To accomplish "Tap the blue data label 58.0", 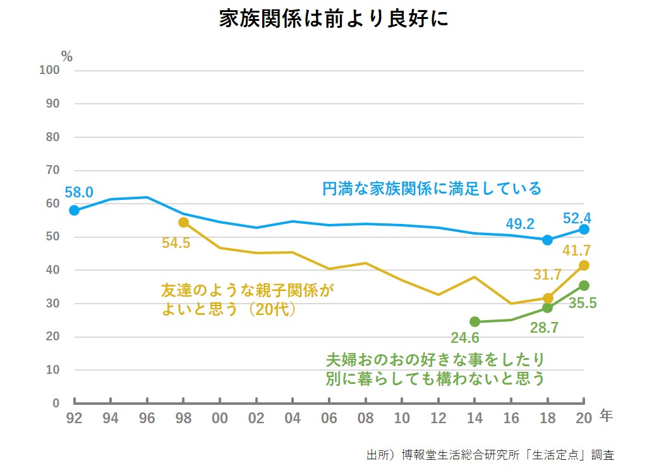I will [x=78, y=192].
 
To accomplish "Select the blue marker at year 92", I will [x=75, y=210].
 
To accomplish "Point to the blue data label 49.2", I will [x=520, y=223].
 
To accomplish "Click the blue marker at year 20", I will [x=584, y=229].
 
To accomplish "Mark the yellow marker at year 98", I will [x=183, y=222].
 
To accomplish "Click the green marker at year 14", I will [x=475, y=321].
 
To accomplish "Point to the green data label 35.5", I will [x=582, y=303].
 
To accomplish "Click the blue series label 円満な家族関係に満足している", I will [x=432, y=189].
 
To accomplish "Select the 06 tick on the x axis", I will [x=329, y=418].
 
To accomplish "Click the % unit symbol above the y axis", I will [x=67, y=56].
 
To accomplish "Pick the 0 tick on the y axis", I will [x=56, y=403].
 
